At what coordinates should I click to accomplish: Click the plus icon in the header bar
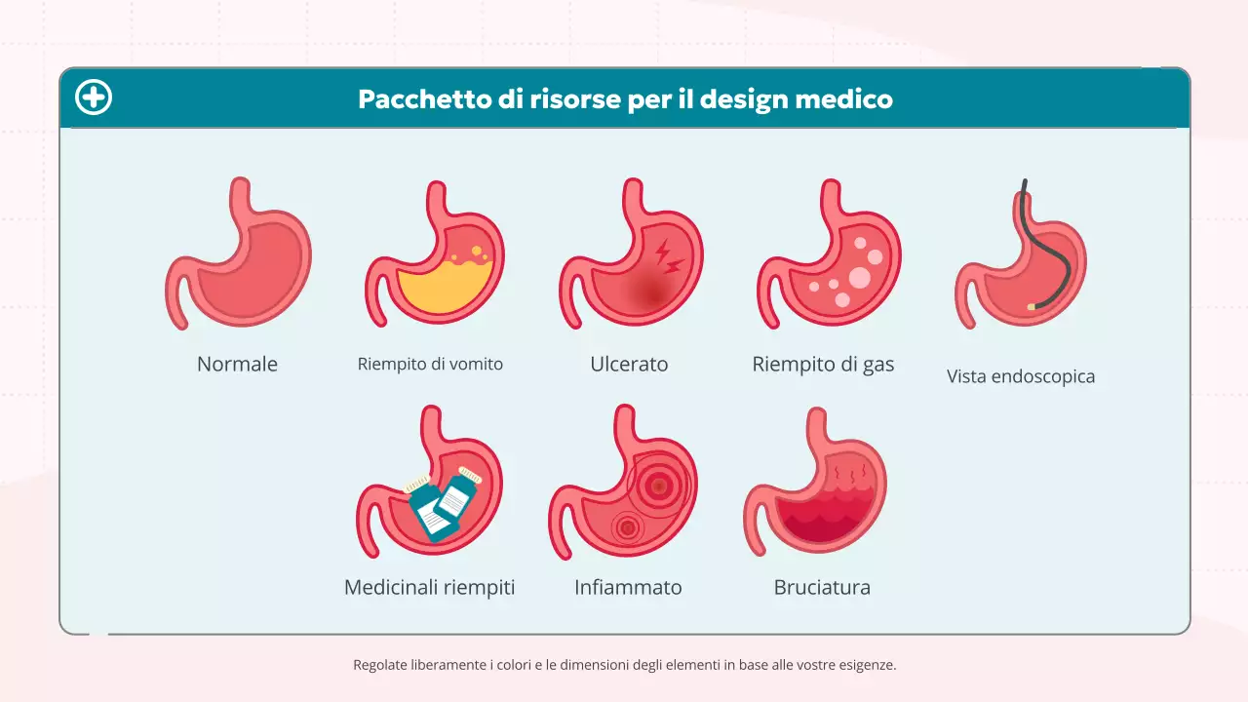[94, 98]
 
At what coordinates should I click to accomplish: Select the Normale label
[237, 365]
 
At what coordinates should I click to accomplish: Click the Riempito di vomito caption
[430, 365]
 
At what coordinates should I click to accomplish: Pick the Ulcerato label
[629, 365]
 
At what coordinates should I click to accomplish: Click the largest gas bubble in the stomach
[859, 278]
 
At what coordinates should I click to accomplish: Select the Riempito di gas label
[823, 365]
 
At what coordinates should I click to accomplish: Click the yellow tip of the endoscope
[1032, 307]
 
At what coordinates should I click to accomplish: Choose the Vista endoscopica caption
[1020, 376]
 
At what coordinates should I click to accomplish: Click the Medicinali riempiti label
[429, 588]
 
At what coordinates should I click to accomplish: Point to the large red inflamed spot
[659, 484]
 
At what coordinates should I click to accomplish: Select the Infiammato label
[628, 588]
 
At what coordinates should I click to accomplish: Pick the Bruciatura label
[822, 588]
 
